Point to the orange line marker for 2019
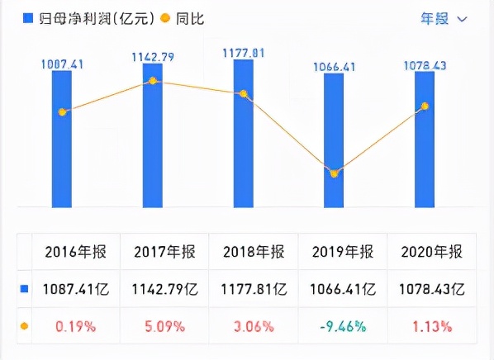334,173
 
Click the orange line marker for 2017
153,81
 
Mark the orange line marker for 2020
425,106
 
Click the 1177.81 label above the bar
243,52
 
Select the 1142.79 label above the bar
153,57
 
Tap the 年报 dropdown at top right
444,18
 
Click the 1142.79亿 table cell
165,290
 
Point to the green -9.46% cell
346,326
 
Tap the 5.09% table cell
165,326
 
